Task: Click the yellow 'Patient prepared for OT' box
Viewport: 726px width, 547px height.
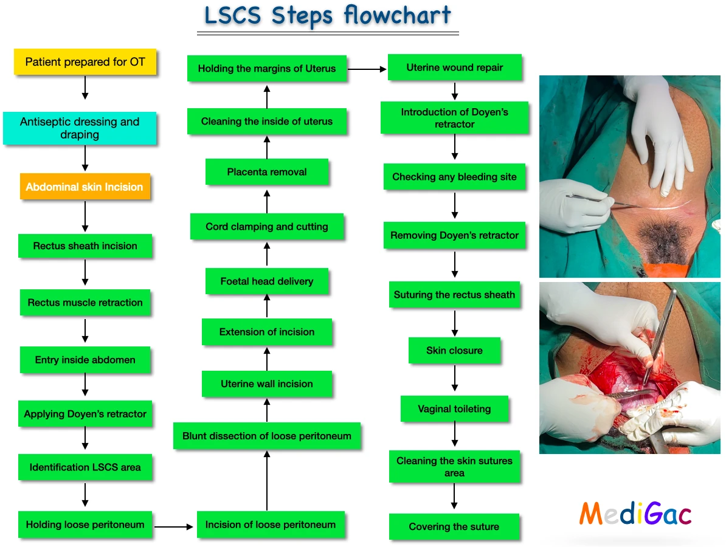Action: coord(85,62)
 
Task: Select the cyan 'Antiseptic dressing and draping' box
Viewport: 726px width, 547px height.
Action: coord(80,128)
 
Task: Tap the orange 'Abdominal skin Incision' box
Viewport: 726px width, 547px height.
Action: coord(85,187)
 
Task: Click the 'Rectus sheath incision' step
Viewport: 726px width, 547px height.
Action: coord(85,246)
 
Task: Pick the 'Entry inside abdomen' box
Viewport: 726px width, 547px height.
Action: coord(85,360)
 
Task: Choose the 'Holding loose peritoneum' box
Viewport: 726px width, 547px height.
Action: coord(85,525)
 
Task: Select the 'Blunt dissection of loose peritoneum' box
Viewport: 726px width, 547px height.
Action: coord(267,436)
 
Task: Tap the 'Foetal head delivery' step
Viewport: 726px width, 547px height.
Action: coord(267,281)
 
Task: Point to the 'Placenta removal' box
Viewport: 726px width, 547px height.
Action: coord(267,172)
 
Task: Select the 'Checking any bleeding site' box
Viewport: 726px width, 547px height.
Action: coord(454,177)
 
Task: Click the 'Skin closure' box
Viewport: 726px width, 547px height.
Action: coord(454,351)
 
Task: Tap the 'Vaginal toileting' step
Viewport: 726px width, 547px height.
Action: coord(454,408)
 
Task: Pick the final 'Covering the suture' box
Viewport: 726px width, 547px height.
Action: coord(454,527)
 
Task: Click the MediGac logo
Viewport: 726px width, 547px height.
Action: coord(635,514)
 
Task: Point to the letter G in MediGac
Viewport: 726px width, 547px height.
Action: coord(657,514)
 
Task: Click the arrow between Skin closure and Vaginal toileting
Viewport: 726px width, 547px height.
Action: coord(454,379)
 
